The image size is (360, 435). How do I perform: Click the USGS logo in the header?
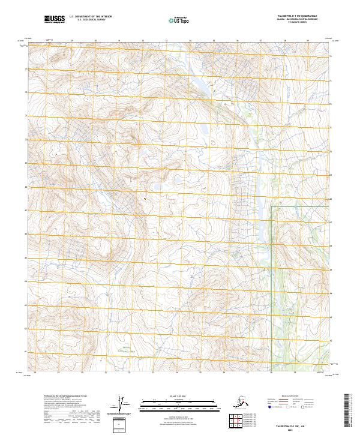coord(54,19)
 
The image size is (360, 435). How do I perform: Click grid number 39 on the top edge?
coord(308,41)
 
